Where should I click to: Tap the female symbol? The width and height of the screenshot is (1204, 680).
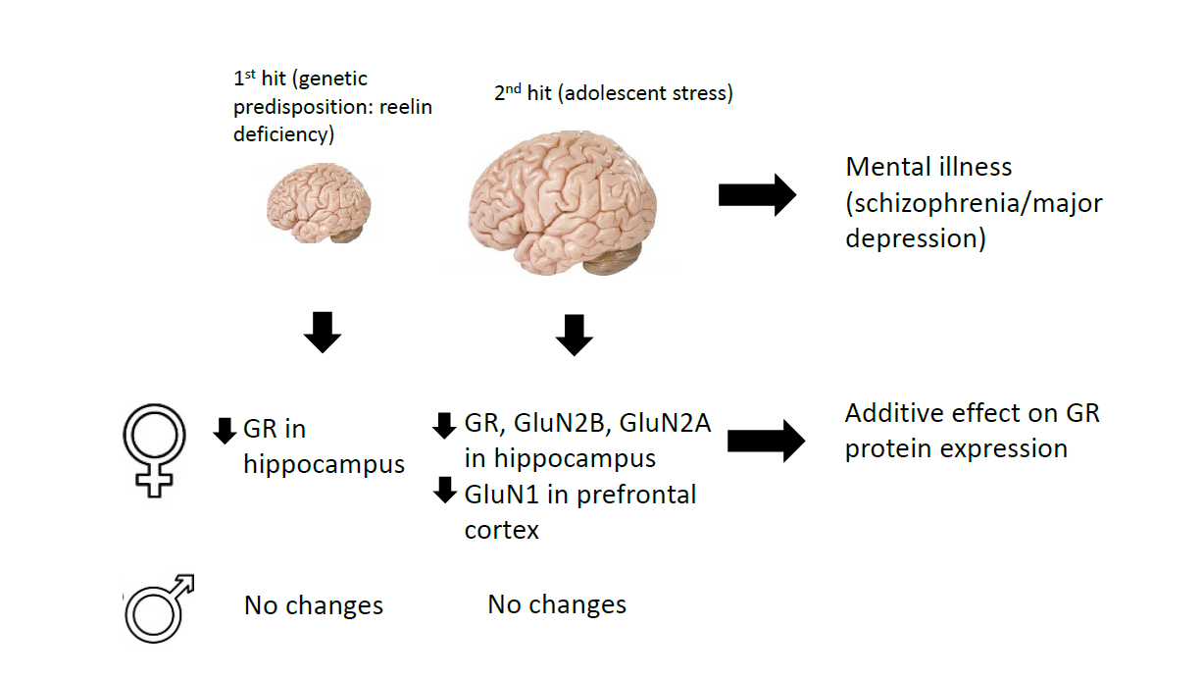coord(154,446)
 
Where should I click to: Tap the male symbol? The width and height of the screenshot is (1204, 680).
coord(158,609)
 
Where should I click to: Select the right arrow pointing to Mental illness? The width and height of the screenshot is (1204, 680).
coord(757,194)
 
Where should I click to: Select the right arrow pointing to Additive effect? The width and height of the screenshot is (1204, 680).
coord(766,442)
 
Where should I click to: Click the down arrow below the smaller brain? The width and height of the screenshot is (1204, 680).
coord(323,333)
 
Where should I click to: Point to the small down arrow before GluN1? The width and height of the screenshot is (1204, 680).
coord(445,490)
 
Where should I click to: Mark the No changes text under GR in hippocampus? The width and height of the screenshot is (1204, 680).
coord(313,604)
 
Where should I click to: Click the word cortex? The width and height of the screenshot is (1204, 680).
coord(501,530)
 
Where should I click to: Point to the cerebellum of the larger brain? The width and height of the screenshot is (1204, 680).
coord(612,257)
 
